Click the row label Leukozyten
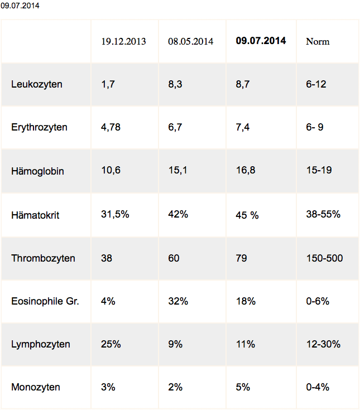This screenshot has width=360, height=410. click(37, 85)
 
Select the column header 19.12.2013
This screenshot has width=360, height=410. click(123, 42)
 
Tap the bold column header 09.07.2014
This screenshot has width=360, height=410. click(261, 41)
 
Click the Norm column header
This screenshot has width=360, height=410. click(318, 42)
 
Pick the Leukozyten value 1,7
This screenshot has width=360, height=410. click(108, 85)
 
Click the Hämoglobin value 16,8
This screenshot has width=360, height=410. click(246, 170)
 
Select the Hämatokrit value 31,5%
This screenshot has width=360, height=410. click(115, 214)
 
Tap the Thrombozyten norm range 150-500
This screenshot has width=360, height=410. click(325, 258)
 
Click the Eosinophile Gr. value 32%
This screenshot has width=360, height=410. click(177, 301)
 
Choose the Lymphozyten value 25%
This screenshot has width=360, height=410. click(111, 344)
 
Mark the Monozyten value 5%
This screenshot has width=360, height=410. click(243, 387)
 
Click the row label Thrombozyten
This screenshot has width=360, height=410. click(43, 258)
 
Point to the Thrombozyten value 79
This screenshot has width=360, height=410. click(242, 258)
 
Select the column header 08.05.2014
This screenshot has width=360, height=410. click(191, 42)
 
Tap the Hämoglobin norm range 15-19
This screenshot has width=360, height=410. click(319, 170)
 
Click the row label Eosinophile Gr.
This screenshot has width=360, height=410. click(45, 301)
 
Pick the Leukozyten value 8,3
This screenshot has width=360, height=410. click(175, 85)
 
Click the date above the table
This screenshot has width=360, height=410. click(20, 7)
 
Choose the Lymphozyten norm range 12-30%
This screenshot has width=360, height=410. click(323, 344)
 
